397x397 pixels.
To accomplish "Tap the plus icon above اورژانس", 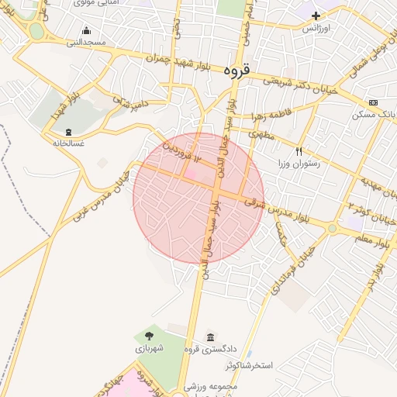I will (316, 15).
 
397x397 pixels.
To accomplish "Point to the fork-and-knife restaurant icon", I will (299, 152).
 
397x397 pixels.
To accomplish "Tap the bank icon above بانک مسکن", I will (374, 102).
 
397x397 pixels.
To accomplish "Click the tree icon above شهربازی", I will (149, 335).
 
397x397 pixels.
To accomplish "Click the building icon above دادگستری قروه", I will (211, 337).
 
